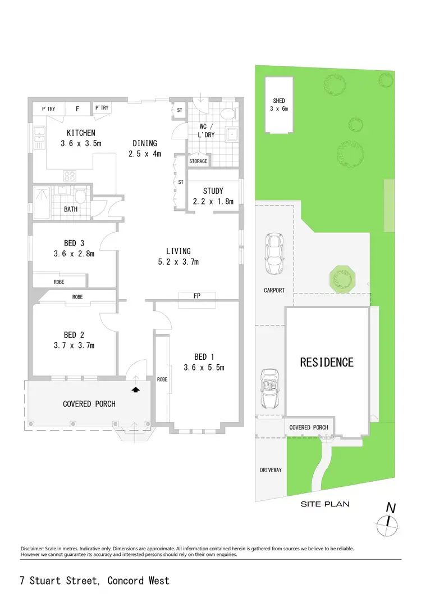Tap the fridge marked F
(77, 108)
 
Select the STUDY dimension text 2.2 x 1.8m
(213, 201)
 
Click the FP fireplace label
(197, 296)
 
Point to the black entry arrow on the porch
(135, 388)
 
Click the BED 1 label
(204, 357)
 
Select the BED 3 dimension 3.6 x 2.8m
(74, 254)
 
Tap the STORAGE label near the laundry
(198, 161)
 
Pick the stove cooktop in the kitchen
(70, 176)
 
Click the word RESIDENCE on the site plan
(327, 362)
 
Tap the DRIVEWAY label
(271, 469)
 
